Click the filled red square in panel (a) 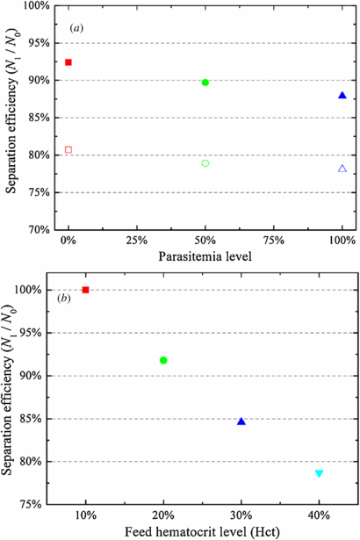[68, 62]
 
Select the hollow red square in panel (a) [68, 150]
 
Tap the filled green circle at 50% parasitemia [205, 83]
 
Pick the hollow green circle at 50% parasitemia [205, 163]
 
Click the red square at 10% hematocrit [85, 290]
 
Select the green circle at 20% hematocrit [163, 360]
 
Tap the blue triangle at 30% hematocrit [241, 421]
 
